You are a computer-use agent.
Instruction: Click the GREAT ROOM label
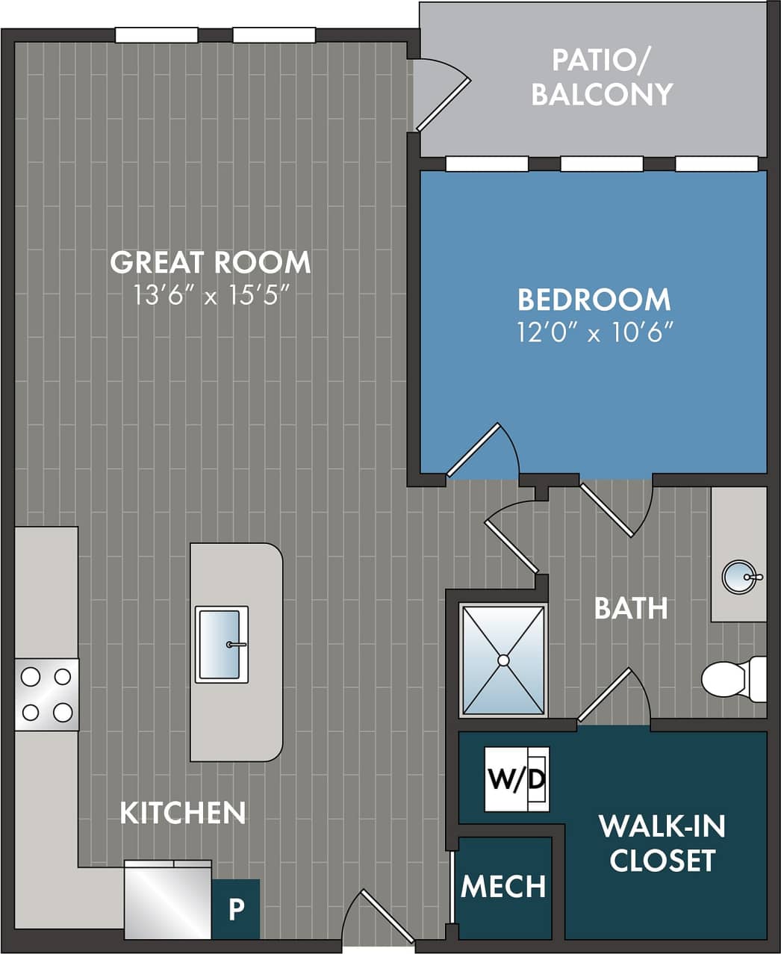pos(210,262)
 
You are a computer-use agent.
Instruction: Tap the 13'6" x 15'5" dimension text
pos(210,296)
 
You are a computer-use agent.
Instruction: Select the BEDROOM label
pos(594,299)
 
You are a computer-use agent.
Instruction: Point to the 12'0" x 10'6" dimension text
pos(595,332)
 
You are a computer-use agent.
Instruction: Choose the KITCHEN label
pos(183,813)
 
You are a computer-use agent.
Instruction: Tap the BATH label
pos(631,608)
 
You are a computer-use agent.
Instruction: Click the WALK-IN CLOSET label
pos(662,843)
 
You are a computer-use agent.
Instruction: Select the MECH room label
pos(503,887)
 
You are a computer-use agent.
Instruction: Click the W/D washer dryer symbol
pos(517,779)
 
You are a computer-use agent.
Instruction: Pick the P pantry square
pos(236,909)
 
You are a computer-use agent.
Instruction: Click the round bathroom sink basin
pos(740,577)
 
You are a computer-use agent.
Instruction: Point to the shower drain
pos(503,660)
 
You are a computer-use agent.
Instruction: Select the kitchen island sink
pos(222,644)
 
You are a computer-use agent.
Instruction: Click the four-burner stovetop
pos(46,695)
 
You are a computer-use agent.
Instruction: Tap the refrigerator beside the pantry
pos(168,899)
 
